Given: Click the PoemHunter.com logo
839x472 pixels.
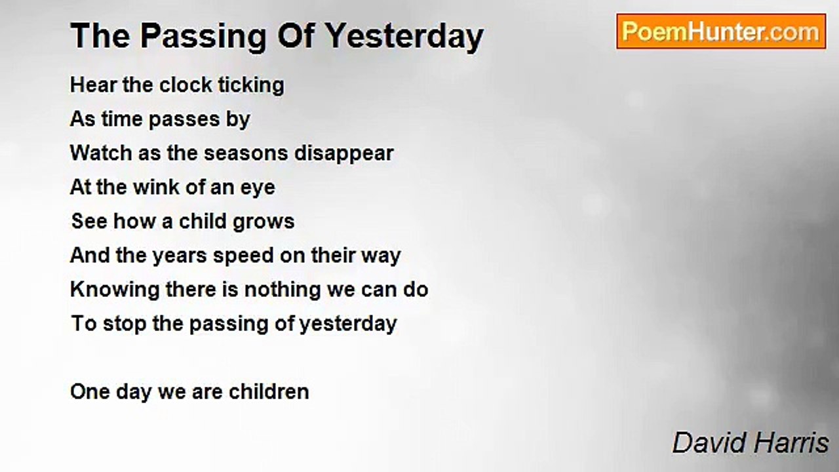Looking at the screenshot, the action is pyautogui.click(x=721, y=31).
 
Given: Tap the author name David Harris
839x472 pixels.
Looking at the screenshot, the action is pyautogui.click(x=751, y=442).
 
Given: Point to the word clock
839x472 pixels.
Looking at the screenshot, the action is pyautogui.click(x=185, y=85).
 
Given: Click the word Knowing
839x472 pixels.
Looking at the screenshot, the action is pyautogui.click(x=115, y=290).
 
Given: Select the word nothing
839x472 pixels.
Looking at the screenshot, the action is pyautogui.click(x=283, y=290).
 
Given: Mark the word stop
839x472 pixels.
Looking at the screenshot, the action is pyautogui.click(x=125, y=324).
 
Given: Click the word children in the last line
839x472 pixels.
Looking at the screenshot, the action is pyautogui.click(x=269, y=392).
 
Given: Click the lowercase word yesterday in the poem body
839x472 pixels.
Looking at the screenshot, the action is pyautogui.click(x=348, y=324).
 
